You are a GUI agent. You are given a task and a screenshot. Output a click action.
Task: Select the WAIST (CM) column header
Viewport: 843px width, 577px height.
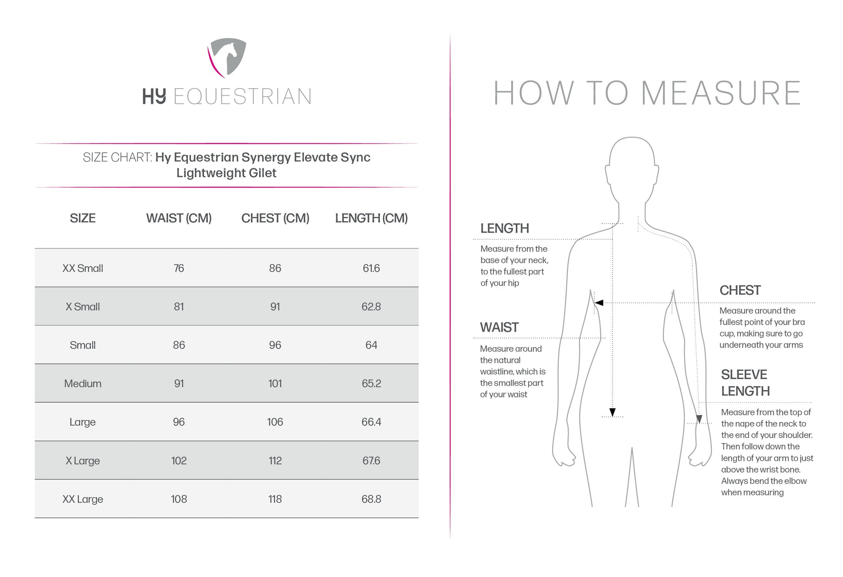[x=178, y=218]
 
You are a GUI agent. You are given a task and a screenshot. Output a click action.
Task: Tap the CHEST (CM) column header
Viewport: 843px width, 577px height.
[x=275, y=218]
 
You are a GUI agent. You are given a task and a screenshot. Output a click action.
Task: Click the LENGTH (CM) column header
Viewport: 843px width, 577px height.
[x=371, y=218]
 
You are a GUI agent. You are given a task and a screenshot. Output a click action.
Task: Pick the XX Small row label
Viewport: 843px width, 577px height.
[x=82, y=268]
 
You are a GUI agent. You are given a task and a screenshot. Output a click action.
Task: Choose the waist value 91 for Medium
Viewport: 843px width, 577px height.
[x=178, y=384]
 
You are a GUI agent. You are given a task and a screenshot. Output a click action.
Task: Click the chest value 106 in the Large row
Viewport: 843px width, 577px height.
[x=275, y=422]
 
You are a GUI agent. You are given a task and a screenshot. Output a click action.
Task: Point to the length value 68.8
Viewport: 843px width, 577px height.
[x=371, y=499]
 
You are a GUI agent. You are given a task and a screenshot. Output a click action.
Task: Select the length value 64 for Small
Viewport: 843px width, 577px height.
[x=371, y=345]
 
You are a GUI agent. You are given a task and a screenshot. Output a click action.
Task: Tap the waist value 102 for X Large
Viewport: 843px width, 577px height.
[x=178, y=461]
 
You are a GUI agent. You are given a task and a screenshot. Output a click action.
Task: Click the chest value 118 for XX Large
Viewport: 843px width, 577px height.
[x=275, y=499]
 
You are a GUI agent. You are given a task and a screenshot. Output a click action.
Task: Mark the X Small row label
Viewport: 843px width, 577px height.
[x=82, y=307]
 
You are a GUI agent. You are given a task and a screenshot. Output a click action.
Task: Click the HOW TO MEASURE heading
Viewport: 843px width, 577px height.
[x=647, y=93]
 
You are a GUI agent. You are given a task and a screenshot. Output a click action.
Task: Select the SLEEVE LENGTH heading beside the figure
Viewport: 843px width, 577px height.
[x=745, y=383]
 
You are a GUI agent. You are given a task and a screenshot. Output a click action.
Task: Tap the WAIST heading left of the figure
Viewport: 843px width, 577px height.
[x=499, y=327]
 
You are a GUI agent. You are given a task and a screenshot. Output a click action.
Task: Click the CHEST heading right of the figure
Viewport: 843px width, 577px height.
[x=740, y=290]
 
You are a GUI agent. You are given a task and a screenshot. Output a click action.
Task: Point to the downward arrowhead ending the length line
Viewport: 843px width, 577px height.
[x=612, y=412]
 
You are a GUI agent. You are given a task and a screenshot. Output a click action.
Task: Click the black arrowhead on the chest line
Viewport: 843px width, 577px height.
[x=599, y=303]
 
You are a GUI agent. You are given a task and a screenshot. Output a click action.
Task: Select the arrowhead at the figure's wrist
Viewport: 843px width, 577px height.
[x=699, y=419]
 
